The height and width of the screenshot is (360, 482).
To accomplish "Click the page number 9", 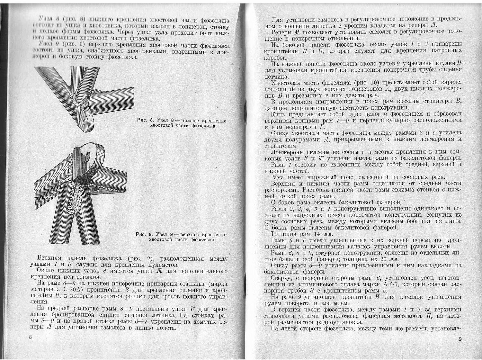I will [x=460, y=339].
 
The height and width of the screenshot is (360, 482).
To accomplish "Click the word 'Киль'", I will [x=278, y=114].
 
